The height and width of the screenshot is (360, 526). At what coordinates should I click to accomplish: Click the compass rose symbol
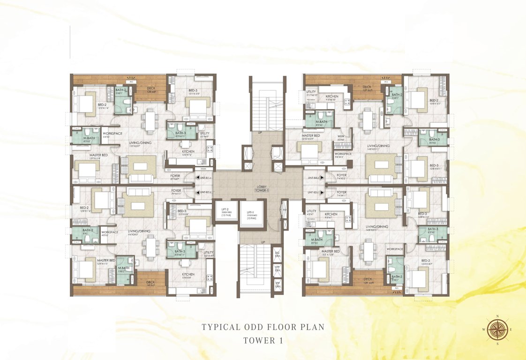(495, 330)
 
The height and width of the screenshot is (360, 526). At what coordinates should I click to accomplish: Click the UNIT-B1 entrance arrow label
(204, 178)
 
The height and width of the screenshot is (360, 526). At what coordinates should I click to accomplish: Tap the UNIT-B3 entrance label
(314, 193)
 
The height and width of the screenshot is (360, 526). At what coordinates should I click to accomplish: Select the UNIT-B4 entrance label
(314, 178)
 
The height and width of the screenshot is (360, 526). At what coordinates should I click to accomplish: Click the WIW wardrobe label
(341, 137)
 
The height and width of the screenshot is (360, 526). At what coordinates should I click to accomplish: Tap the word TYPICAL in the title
(221, 327)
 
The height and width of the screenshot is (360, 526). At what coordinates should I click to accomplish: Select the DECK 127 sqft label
(367, 88)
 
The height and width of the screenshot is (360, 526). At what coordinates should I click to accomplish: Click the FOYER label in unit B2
(176, 191)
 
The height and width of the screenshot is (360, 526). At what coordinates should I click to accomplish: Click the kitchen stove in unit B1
(210, 151)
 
